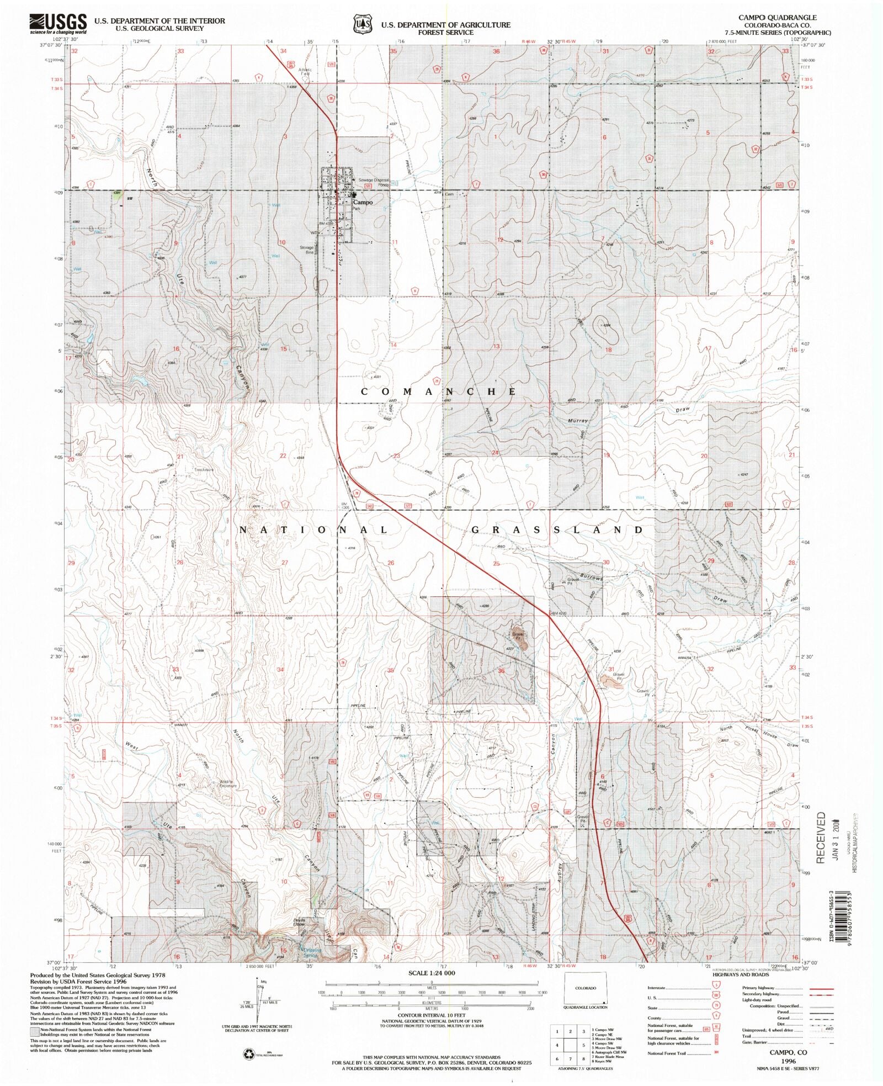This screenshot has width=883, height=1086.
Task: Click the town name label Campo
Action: pos(363,202)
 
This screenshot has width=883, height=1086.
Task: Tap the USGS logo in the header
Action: pos(58,24)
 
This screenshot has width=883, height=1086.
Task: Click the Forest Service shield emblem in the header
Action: pos(362,25)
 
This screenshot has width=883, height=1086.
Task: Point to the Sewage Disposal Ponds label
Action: pos(374,183)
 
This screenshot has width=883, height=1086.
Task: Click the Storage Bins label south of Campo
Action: pos(307,249)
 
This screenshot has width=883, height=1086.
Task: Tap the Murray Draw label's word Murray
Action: pos(578,421)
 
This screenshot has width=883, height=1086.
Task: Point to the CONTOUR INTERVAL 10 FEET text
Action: pos(432,1015)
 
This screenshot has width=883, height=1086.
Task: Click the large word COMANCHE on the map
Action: pos(439,391)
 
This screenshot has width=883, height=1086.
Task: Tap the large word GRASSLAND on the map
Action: pos(558,529)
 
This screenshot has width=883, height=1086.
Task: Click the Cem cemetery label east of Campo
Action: pos(449,194)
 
